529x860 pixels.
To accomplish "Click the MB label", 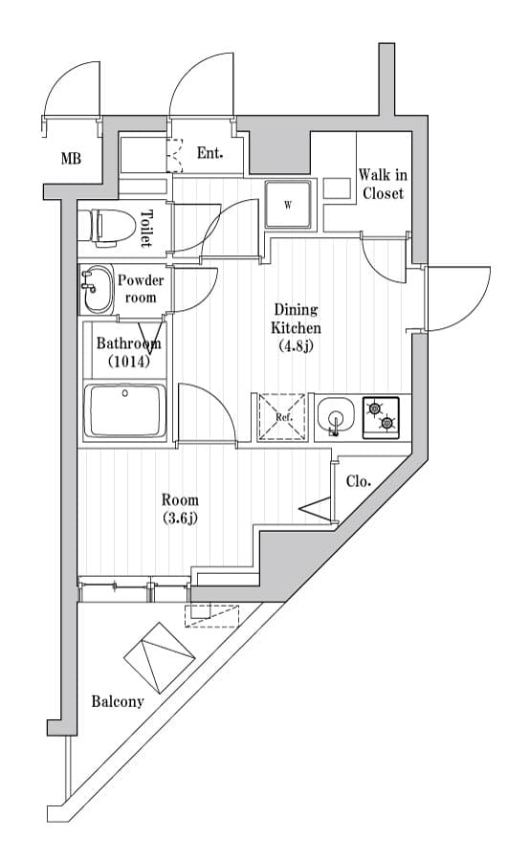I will tap(71, 159).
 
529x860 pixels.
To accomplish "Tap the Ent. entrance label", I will tap(209, 153).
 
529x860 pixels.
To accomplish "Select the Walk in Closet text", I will tap(383, 184).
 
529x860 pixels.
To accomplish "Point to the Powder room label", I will tap(141, 289).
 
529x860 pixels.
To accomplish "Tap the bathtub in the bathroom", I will tap(125, 410).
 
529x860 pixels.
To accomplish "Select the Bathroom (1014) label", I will tap(128, 351).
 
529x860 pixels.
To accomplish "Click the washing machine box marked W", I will tap(289, 204).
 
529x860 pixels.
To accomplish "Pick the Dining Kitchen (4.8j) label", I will tap(296, 327).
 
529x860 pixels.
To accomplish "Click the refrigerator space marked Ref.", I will tap(282, 417).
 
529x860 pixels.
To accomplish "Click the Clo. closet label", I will tap(358, 482).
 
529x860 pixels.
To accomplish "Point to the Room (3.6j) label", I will tap(180, 509).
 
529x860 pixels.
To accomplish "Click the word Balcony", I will tap(117, 701).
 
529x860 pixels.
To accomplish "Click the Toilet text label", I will tap(146, 228).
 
